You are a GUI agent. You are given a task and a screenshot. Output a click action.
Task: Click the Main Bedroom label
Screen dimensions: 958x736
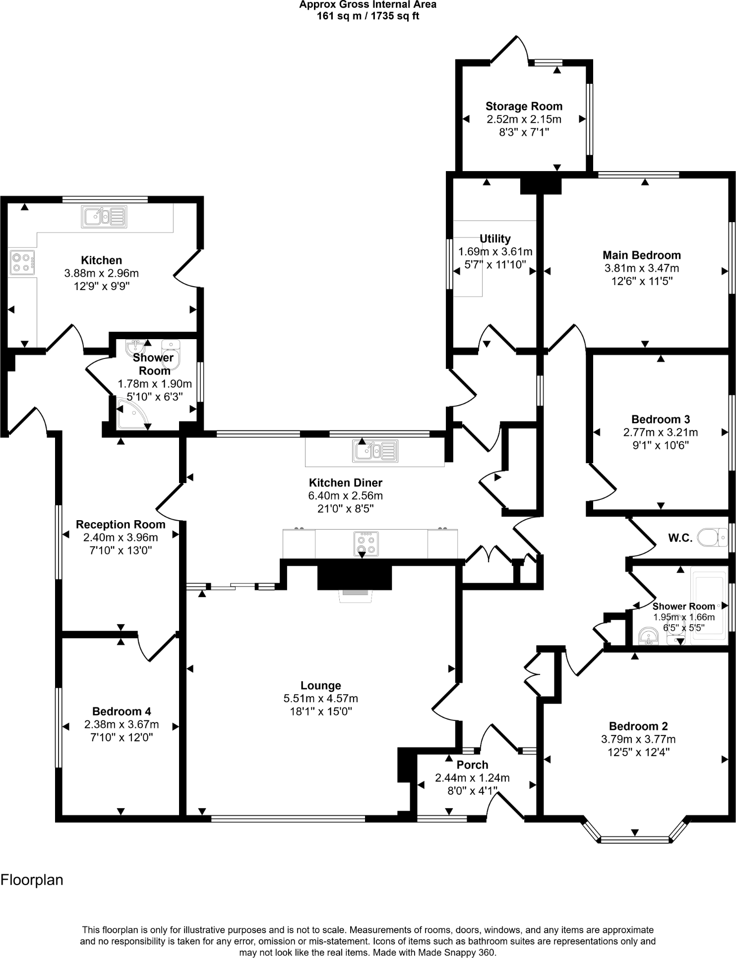[x=641, y=255]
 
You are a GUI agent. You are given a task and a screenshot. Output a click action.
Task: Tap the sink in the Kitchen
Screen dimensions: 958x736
[x=104, y=217]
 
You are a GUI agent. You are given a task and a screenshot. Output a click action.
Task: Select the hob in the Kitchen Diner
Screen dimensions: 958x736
[x=367, y=543]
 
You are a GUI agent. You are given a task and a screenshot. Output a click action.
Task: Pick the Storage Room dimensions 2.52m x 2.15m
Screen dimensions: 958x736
[x=524, y=119]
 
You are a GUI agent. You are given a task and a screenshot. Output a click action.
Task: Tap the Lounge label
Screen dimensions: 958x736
[x=321, y=685]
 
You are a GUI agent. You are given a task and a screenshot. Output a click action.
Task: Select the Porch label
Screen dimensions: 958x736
[x=472, y=765]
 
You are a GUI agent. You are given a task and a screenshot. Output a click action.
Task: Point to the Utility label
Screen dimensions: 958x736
[x=495, y=239]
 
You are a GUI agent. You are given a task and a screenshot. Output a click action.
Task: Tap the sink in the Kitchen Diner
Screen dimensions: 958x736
[x=375, y=451]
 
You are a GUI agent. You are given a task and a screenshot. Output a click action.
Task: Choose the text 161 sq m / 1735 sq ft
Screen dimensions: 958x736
[x=368, y=16]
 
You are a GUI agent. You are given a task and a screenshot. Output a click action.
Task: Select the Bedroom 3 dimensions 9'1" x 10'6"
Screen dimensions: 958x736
[x=660, y=445]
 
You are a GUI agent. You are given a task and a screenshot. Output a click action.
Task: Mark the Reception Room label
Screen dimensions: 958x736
[x=121, y=525]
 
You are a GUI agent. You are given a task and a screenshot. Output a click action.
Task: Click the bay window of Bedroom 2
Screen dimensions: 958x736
[x=634, y=839]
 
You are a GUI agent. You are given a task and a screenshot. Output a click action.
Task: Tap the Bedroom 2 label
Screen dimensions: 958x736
[x=638, y=726]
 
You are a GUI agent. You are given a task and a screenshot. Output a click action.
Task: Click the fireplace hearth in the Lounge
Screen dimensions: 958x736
[x=355, y=596]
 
